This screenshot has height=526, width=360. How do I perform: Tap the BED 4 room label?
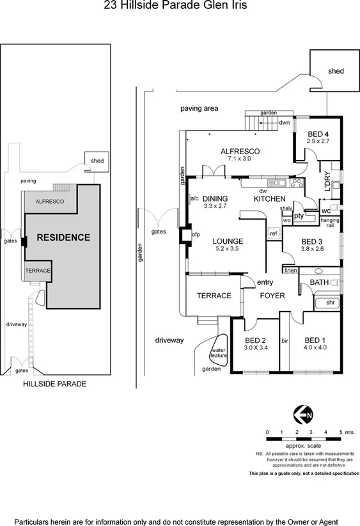[x=318, y=134]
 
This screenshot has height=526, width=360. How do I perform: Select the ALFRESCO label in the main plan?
[x=240, y=151]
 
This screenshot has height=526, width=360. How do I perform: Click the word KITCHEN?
[x=269, y=200]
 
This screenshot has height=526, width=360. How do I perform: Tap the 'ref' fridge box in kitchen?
[x=273, y=234]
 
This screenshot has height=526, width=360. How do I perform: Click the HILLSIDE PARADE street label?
[x=54, y=385]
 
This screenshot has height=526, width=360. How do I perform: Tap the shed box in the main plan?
[x=335, y=71]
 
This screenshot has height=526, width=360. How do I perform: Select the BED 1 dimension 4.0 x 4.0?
[x=315, y=348]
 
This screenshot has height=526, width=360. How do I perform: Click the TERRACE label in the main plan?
[x=214, y=296]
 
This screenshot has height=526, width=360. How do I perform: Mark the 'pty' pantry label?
[x=298, y=216]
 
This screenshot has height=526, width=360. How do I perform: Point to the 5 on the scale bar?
[x=341, y=433]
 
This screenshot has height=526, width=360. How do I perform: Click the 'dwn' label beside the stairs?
[x=285, y=122]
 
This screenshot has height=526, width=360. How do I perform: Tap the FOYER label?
[x=272, y=296]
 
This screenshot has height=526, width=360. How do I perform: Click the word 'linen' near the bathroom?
[x=291, y=271]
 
